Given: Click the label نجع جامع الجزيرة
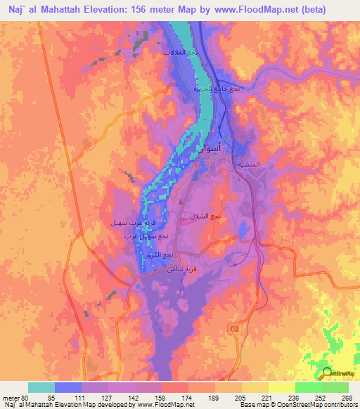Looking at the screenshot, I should pyautogui.click(x=217, y=89).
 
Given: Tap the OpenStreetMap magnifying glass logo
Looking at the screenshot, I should pyautogui.click(x=327, y=372).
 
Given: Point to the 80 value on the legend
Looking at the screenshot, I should pyautogui.click(x=25, y=397).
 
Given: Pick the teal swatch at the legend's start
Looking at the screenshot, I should pyautogui.click(x=41, y=388).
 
